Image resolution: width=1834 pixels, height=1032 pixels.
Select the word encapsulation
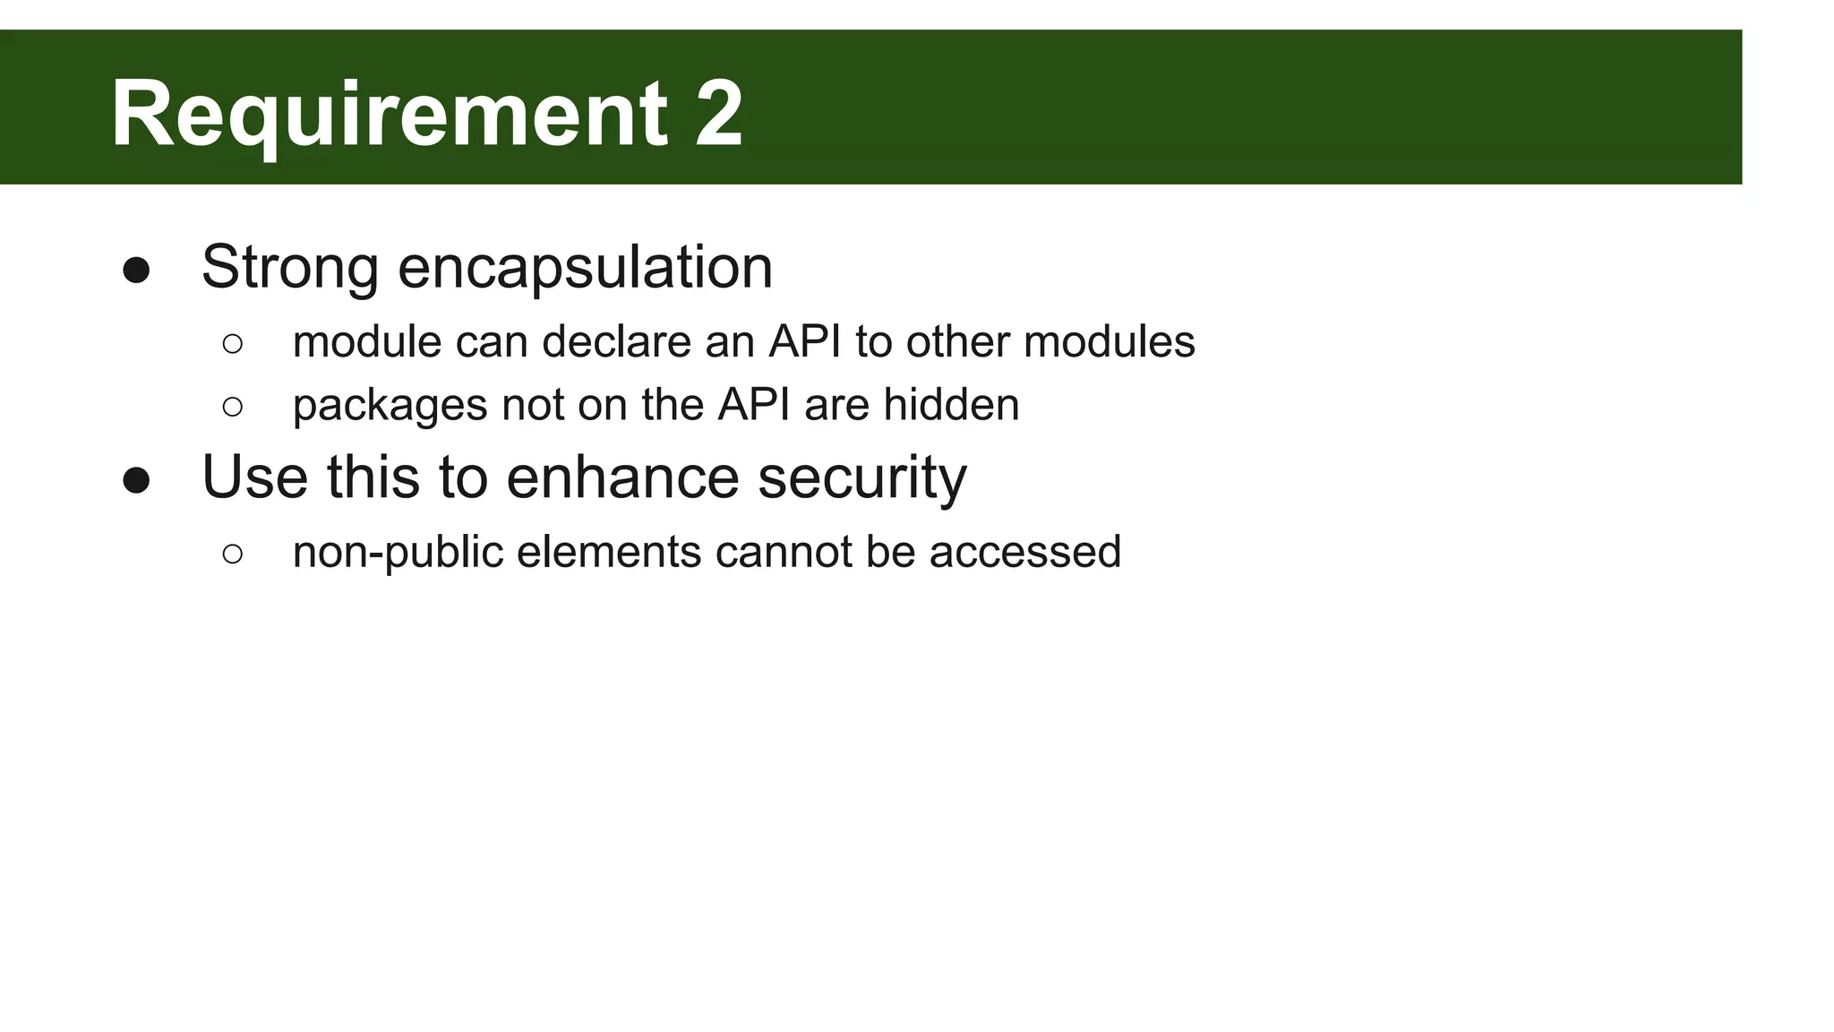tap(585, 269)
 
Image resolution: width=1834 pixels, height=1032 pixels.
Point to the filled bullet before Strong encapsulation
tap(136, 271)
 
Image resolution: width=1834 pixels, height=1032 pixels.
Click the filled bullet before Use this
tap(136, 481)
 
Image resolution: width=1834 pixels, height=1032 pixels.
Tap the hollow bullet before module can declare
tap(232, 344)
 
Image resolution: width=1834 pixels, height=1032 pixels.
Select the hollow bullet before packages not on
tap(232, 407)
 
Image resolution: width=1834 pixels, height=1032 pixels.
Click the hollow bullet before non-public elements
tap(232, 554)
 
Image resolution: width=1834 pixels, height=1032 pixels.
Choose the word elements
tap(608, 552)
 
